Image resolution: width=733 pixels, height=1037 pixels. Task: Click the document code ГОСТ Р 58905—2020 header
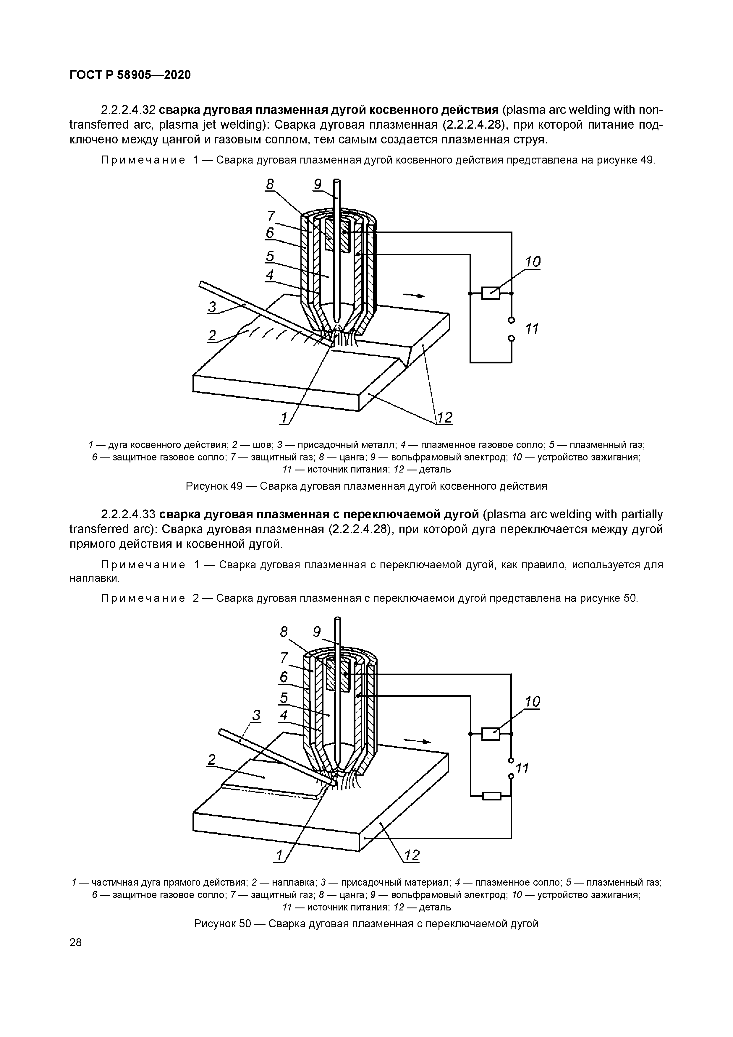pos(130,75)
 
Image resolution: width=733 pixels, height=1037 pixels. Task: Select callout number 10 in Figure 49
pos(533,262)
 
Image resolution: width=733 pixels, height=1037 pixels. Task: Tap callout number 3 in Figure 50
pos(256,715)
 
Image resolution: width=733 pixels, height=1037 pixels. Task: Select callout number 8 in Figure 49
pos(270,184)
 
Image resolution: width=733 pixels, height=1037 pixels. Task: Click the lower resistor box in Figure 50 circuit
pos(491,796)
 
